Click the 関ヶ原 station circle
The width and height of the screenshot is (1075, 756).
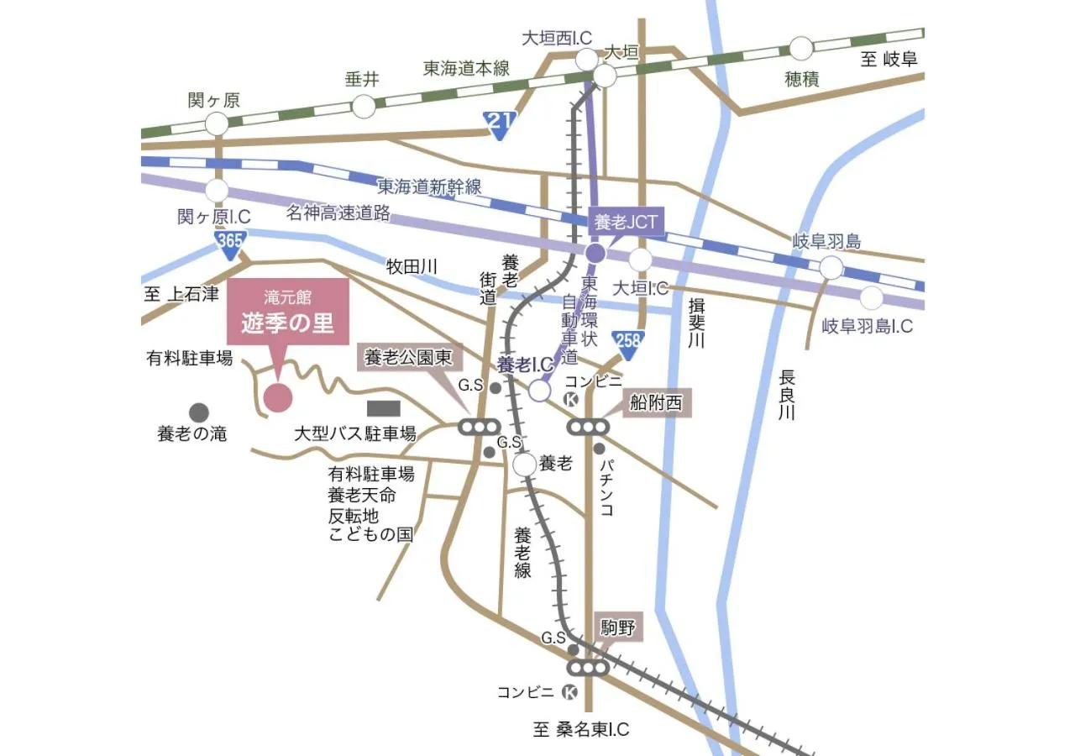click(217, 124)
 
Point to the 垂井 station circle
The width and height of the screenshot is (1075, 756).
click(364, 107)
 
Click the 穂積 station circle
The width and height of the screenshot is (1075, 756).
click(801, 48)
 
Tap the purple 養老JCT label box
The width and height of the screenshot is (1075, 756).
click(626, 222)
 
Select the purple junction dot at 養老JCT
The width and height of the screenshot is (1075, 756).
click(595, 253)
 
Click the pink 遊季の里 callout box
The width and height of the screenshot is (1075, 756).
click(288, 314)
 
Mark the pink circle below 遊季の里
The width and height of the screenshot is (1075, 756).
click(278, 398)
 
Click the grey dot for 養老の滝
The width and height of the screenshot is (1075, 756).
click(199, 412)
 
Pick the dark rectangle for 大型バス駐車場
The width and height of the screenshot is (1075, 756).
click(384, 408)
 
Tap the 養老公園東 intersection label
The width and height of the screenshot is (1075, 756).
click(407, 359)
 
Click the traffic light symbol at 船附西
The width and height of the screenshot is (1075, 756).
click(587, 427)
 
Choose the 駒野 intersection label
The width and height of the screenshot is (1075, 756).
click(620, 627)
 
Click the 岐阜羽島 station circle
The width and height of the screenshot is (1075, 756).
click(831, 268)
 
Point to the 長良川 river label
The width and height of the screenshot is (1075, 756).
click(786, 395)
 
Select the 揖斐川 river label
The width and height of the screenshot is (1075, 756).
click(695, 323)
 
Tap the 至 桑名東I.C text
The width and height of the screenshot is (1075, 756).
click(581, 729)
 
